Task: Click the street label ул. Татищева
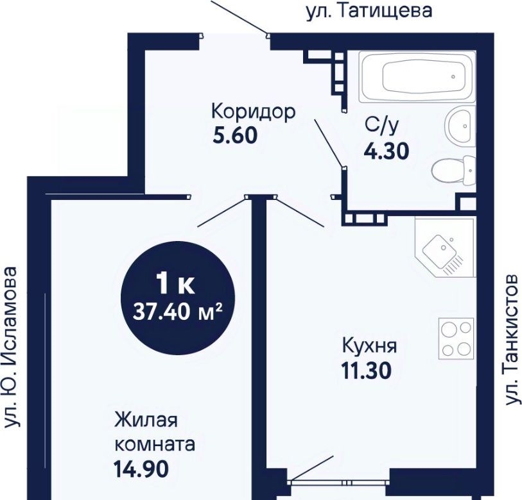point(369,11)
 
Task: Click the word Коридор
point(254,112)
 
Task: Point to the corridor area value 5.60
point(235,135)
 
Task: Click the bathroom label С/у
point(381,126)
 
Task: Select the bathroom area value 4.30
point(386,151)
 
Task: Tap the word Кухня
point(370,346)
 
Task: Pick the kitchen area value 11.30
point(366,371)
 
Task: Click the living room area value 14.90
point(141,469)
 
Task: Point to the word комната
point(155,444)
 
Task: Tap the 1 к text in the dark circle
point(176,283)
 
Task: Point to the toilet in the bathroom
point(454,171)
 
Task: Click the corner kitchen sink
point(444,247)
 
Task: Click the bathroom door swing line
point(328,142)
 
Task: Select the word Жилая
point(146,419)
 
